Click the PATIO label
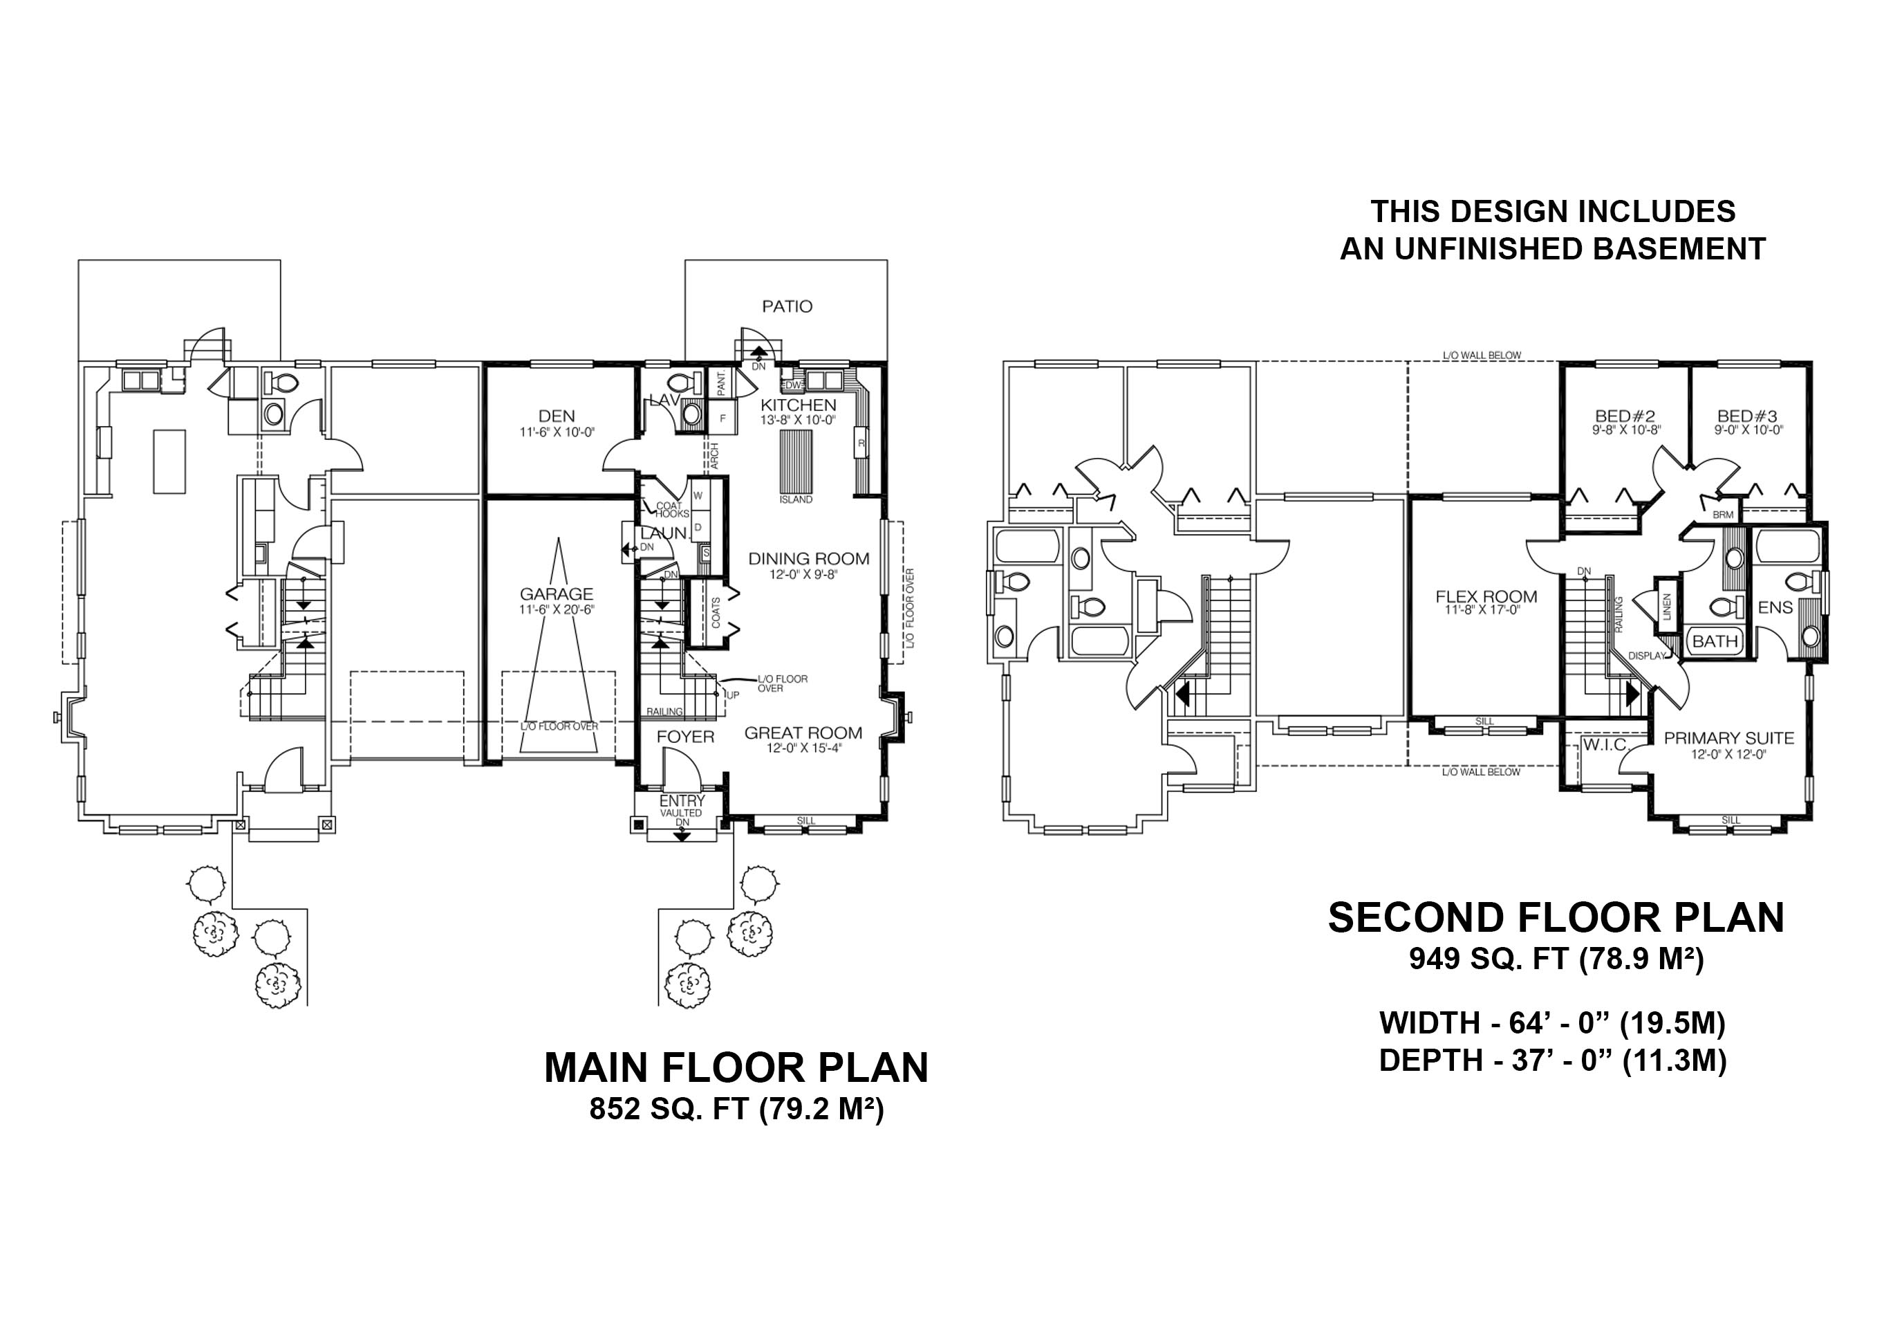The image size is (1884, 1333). (787, 306)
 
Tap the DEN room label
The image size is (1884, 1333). (557, 416)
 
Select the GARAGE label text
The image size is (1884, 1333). (557, 594)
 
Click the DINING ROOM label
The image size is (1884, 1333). (808, 559)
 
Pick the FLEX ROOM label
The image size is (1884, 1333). (1486, 597)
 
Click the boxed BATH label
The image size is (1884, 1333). (1715, 641)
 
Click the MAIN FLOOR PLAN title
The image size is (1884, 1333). (736, 1067)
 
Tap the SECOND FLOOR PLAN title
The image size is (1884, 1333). (1556, 917)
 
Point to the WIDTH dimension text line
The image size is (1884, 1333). (1553, 1022)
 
